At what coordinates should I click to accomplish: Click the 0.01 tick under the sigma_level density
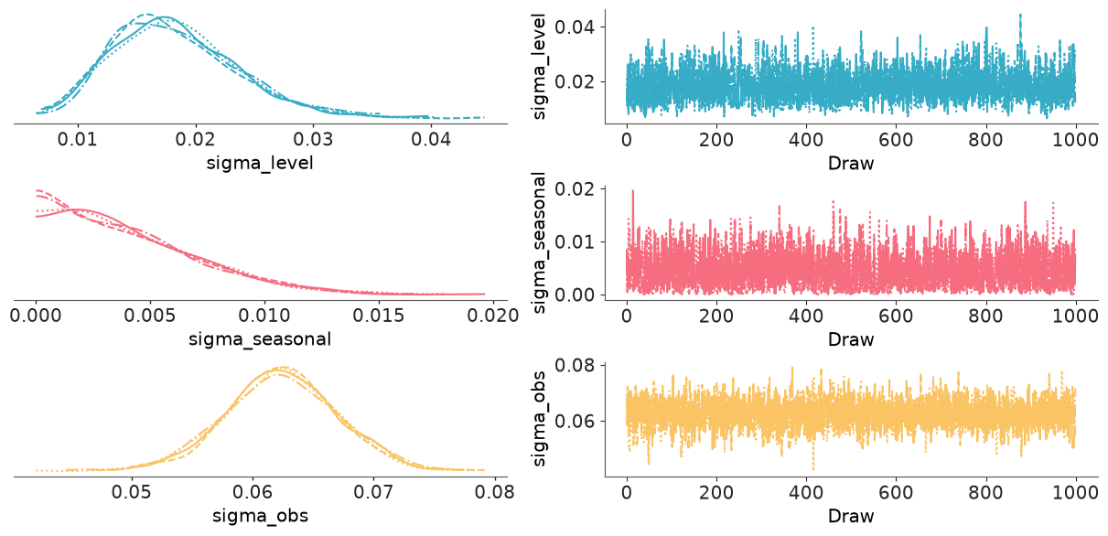pyautogui.click(x=77, y=139)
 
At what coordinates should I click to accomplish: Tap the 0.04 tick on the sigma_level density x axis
pyautogui.click(x=431, y=139)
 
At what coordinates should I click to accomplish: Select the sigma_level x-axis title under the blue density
pyautogui.click(x=260, y=163)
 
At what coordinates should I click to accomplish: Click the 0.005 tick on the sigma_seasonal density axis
pyautogui.click(x=150, y=316)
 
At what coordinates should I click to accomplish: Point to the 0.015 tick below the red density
pyautogui.click(x=379, y=316)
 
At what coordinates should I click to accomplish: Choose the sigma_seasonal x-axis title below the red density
pyautogui.click(x=260, y=339)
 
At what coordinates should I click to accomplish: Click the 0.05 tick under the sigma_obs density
pyautogui.click(x=132, y=492)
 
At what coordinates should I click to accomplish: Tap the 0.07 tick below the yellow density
pyautogui.click(x=373, y=492)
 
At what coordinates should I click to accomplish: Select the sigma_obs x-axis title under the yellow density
pyautogui.click(x=260, y=516)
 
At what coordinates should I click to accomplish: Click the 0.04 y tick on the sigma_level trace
pyautogui.click(x=575, y=27)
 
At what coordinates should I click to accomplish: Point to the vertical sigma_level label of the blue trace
pyautogui.click(x=539, y=66)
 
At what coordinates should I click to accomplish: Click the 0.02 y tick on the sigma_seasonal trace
pyautogui.click(x=575, y=189)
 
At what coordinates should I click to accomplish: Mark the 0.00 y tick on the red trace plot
pyautogui.click(x=575, y=295)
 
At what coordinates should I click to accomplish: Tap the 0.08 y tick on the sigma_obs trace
pyautogui.click(x=575, y=365)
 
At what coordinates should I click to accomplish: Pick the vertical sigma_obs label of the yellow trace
pyautogui.click(x=539, y=419)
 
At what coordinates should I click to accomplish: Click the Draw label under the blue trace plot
pyautogui.click(x=851, y=163)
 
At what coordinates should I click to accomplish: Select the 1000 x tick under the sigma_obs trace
pyautogui.click(x=1075, y=492)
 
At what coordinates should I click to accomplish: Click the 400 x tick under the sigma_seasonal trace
pyautogui.click(x=806, y=316)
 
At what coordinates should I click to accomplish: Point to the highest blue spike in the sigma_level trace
pyautogui.click(x=1020, y=16)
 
